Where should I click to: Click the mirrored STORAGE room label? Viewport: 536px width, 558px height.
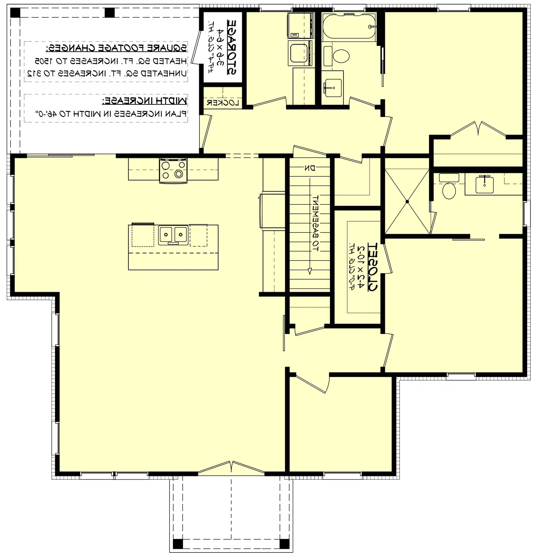(231, 47)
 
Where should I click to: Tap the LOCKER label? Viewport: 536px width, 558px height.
(223, 103)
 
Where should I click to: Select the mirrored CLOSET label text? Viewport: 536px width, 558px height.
(372, 267)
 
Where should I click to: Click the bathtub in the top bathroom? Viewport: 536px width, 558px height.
(349, 26)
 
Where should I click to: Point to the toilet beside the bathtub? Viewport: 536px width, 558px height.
(340, 56)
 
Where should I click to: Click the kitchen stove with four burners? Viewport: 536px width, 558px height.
(173, 170)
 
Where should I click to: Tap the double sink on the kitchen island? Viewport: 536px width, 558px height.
(173, 235)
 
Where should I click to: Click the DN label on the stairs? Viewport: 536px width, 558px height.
(309, 168)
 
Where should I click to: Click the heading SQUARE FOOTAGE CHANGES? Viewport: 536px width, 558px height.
(116, 48)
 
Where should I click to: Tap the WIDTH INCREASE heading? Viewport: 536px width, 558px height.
(144, 100)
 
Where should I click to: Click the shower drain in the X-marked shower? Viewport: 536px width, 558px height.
(407, 201)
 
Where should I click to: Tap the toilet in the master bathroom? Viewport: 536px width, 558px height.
(449, 190)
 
